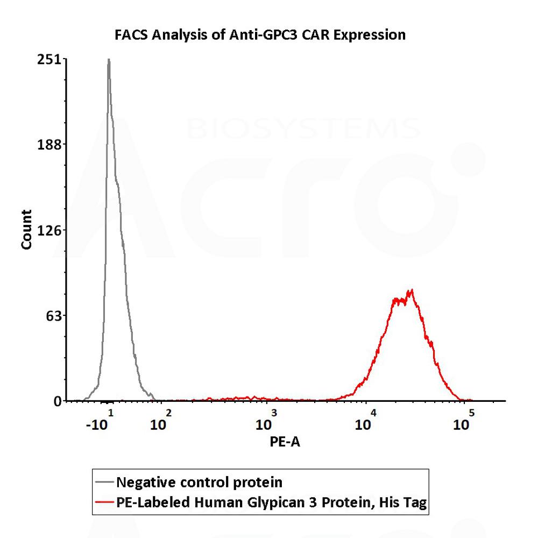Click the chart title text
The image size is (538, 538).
tap(260, 36)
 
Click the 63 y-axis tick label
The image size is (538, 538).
tap(54, 315)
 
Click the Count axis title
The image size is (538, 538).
tap(26, 229)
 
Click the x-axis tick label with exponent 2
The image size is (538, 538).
tap(160, 421)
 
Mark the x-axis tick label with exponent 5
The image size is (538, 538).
tap(463, 421)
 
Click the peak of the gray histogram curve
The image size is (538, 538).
tap(109, 60)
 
